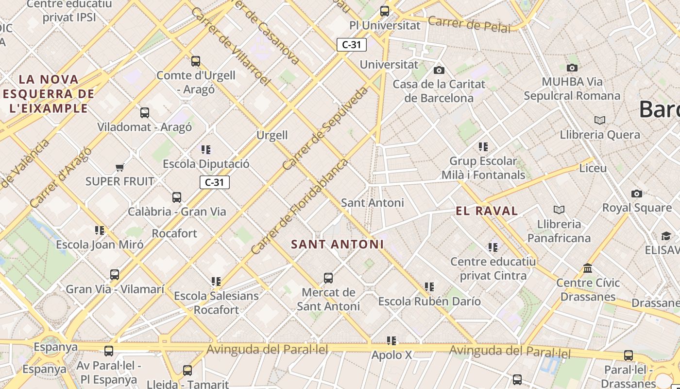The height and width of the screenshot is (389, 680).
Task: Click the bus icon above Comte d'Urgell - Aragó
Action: point(196,61)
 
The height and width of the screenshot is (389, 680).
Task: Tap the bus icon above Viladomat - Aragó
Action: point(145,113)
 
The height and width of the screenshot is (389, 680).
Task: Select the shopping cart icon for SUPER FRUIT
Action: point(120,168)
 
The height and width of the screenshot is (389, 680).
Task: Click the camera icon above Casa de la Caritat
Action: point(439,71)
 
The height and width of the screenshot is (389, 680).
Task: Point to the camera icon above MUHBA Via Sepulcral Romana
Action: point(572,68)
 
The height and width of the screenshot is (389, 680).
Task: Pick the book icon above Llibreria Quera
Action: point(600,120)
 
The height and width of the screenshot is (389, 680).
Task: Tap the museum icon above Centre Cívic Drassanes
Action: point(588,268)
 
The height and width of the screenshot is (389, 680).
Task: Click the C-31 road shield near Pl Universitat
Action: point(352,45)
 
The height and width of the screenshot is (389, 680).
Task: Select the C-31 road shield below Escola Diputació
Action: point(214,182)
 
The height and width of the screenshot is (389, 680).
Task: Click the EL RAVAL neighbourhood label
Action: point(487,211)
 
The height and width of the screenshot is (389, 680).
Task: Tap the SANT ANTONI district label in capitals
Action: point(337,244)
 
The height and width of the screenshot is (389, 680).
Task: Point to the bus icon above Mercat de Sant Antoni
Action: point(328,278)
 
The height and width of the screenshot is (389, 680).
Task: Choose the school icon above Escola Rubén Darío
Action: point(429,287)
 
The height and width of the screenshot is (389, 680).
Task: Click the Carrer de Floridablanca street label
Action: point(300,206)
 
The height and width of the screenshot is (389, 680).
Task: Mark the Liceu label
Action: point(593,168)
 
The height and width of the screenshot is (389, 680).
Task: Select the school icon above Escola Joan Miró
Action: point(100,230)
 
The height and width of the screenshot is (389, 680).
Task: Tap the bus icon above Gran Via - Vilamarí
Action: point(115,275)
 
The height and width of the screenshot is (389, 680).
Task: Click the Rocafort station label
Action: point(174,233)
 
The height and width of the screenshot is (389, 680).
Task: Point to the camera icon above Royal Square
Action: point(637,194)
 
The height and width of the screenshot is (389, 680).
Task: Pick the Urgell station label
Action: point(272,135)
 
